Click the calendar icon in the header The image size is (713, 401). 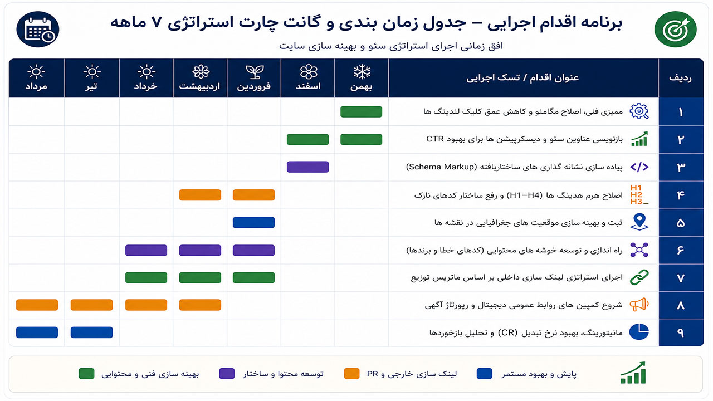click(37, 30)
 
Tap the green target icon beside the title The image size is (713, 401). click(676, 30)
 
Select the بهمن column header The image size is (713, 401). click(362, 78)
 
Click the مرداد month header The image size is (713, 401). click(36, 78)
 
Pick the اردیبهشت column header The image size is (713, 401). click(200, 78)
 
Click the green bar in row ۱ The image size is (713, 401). click(362, 112)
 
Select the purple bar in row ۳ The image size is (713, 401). click(308, 167)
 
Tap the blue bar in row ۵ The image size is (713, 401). click(253, 222)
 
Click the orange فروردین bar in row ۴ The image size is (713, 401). click(253, 195)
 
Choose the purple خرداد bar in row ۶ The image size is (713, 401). click(146, 250)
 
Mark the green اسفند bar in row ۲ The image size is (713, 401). click(308, 139)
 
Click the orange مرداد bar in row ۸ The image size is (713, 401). click(37, 305)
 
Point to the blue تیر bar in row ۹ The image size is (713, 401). click(92, 332)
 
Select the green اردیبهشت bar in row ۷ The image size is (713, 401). click(200, 277)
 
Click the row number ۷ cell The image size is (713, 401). click(681, 278)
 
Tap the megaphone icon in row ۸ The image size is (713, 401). click(639, 305)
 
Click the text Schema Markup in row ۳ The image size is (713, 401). click(442, 167)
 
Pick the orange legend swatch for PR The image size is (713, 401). click(351, 374)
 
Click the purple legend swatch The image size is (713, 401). click(227, 374)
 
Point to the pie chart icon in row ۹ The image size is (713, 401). click(639, 332)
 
